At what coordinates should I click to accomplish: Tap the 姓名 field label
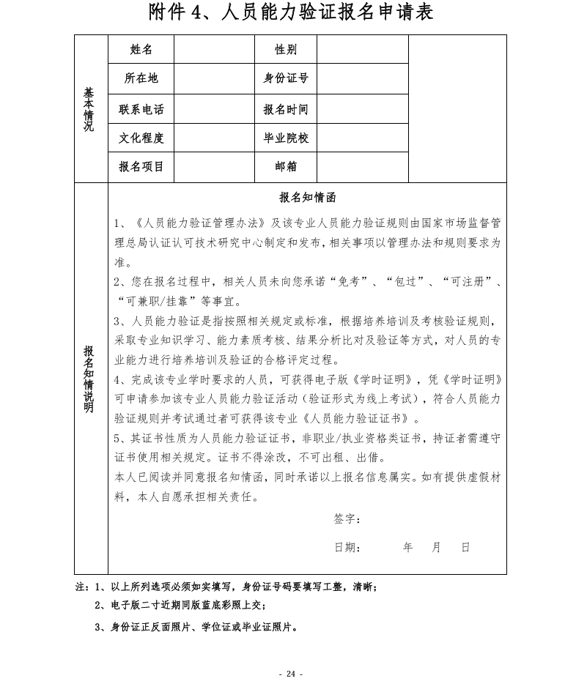(141, 49)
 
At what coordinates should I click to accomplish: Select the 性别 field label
(286, 49)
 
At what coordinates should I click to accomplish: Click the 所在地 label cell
(141, 78)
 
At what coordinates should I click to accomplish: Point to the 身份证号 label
(286, 78)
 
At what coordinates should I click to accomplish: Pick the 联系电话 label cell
(141, 109)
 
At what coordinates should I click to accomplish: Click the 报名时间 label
(286, 109)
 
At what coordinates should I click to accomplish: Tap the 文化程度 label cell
(141, 138)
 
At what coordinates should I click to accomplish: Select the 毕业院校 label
(286, 138)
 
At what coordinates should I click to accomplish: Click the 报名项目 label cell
(141, 166)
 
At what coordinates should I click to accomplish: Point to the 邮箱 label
(286, 166)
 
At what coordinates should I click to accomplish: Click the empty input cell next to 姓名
(214, 49)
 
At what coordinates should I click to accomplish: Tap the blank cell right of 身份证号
(362, 78)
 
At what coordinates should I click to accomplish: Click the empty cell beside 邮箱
(362, 166)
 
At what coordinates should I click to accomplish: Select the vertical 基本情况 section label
(89, 109)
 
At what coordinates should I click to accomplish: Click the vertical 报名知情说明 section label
(89, 378)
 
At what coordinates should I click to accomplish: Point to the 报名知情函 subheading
(308, 198)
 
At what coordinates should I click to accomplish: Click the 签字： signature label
(347, 518)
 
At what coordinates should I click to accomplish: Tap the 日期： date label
(347, 547)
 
